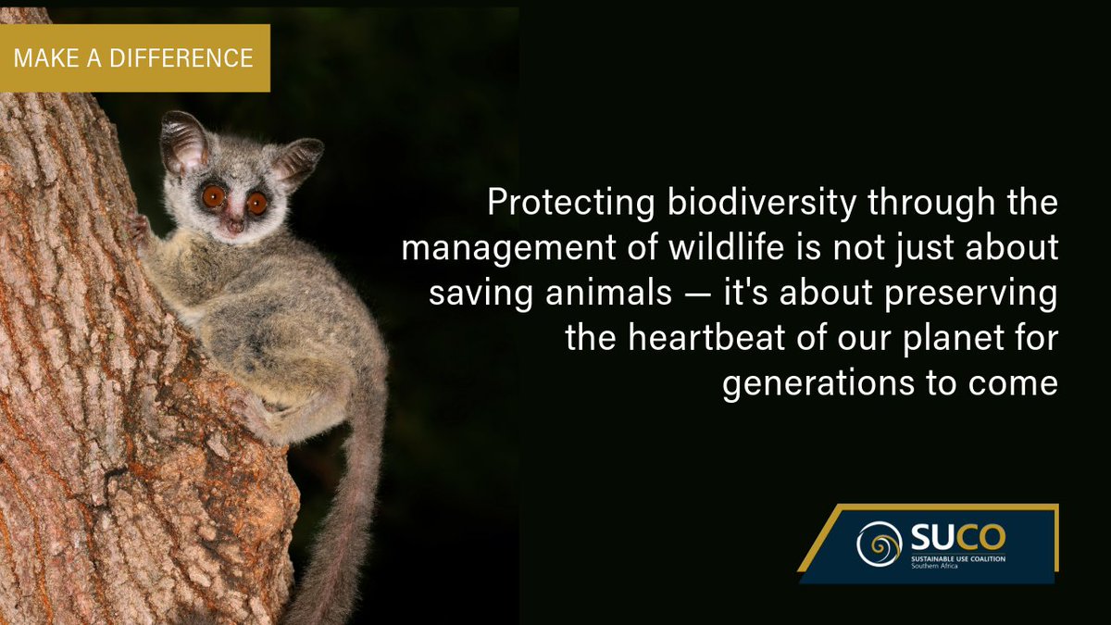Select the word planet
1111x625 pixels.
click(x=943, y=338)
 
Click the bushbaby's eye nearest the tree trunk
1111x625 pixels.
click(x=213, y=195)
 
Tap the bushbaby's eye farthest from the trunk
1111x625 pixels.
click(x=256, y=201)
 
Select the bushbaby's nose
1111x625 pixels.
click(x=236, y=225)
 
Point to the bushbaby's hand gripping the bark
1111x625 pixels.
click(x=140, y=228)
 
